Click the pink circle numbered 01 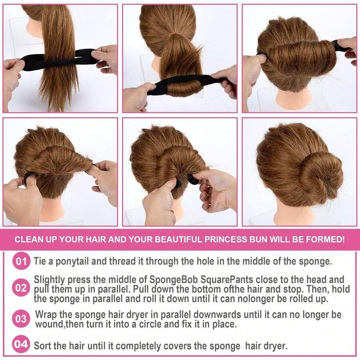(x=21, y=261)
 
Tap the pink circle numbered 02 (x=21, y=288)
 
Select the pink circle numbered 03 (x=21, y=319)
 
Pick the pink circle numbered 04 (x=21, y=344)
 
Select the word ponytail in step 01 (x=72, y=262)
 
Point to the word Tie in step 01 (x=40, y=261)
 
